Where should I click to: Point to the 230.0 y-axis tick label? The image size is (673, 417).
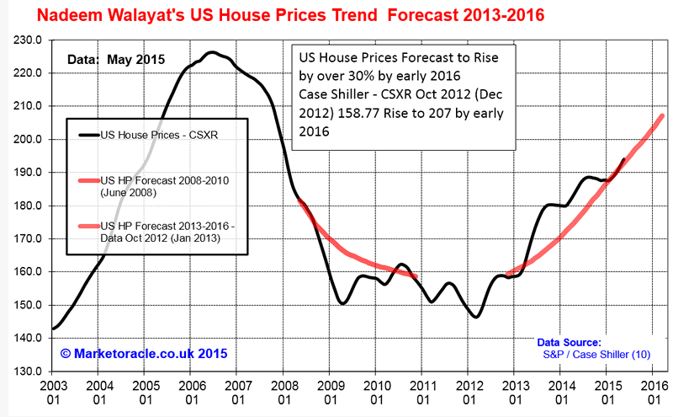coord(29,40)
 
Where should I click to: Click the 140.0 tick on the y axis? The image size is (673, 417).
coord(29,338)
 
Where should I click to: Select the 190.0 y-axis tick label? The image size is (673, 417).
coord(29,173)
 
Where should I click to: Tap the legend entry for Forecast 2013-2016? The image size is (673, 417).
coord(168,233)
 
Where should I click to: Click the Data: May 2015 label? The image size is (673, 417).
coord(117,60)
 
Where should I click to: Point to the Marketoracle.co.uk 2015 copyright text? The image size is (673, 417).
coord(143,353)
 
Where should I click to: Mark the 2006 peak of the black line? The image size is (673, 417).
coord(213,53)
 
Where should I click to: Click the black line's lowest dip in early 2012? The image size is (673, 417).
coord(476,317)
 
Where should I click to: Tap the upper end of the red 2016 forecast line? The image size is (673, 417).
coord(662,115)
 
